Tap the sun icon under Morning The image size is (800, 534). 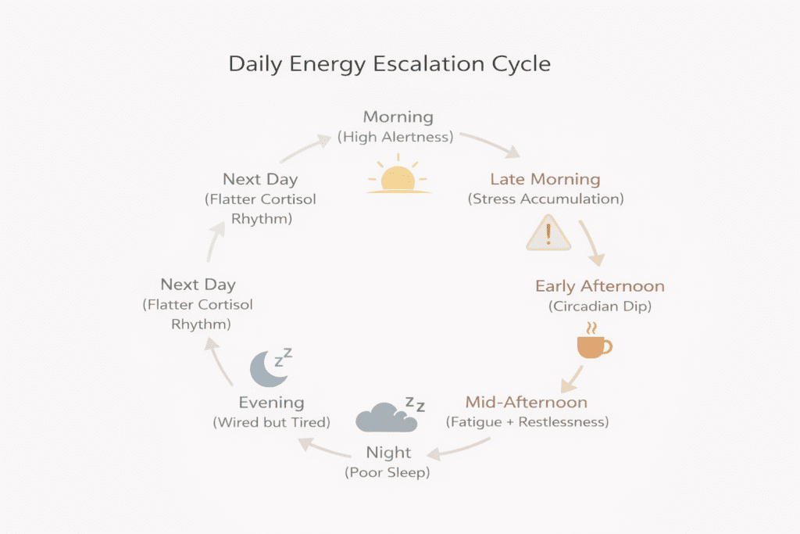[x=398, y=177]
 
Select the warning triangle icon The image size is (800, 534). [x=549, y=233]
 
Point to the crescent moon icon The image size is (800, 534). [x=268, y=367]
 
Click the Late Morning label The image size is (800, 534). [x=545, y=179]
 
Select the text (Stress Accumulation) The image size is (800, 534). [x=545, y=199]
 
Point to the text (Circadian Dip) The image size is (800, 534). [x=600, y=306]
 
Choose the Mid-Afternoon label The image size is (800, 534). [x=527, y=403]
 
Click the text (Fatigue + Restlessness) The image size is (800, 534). [x=527, y=422]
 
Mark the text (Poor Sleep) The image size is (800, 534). [x=388, y=472]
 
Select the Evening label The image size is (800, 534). [x=271, y=403]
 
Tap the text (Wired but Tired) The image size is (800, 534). [x=271, y=422]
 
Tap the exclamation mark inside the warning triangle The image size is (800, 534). [x=549, y=234]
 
